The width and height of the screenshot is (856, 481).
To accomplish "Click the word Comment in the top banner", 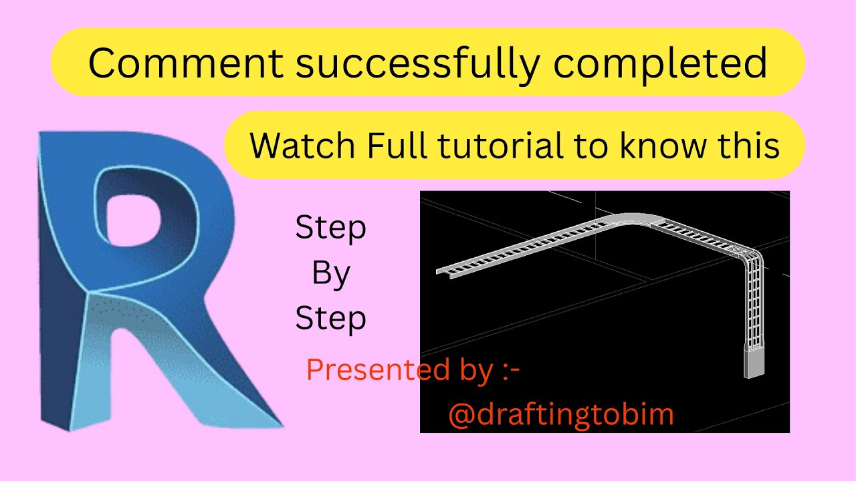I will click(x=186, y=63).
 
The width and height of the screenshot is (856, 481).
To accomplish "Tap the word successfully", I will click(x=417, y=63).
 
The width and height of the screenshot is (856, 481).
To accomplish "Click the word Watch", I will click(x=304, y=145).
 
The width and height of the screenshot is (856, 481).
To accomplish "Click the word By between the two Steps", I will click(x=331, y=274).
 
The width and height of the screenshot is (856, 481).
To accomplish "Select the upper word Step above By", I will click(x=331, y=229).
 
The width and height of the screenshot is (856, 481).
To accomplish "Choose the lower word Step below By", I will click(x=331, y=318).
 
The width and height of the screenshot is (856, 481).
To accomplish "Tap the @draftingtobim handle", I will click(x=560, y=415).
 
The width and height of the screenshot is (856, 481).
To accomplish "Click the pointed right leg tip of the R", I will click(x=271, y=421).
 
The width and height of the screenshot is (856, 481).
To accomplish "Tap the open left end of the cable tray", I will click(x=445, y=271).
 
